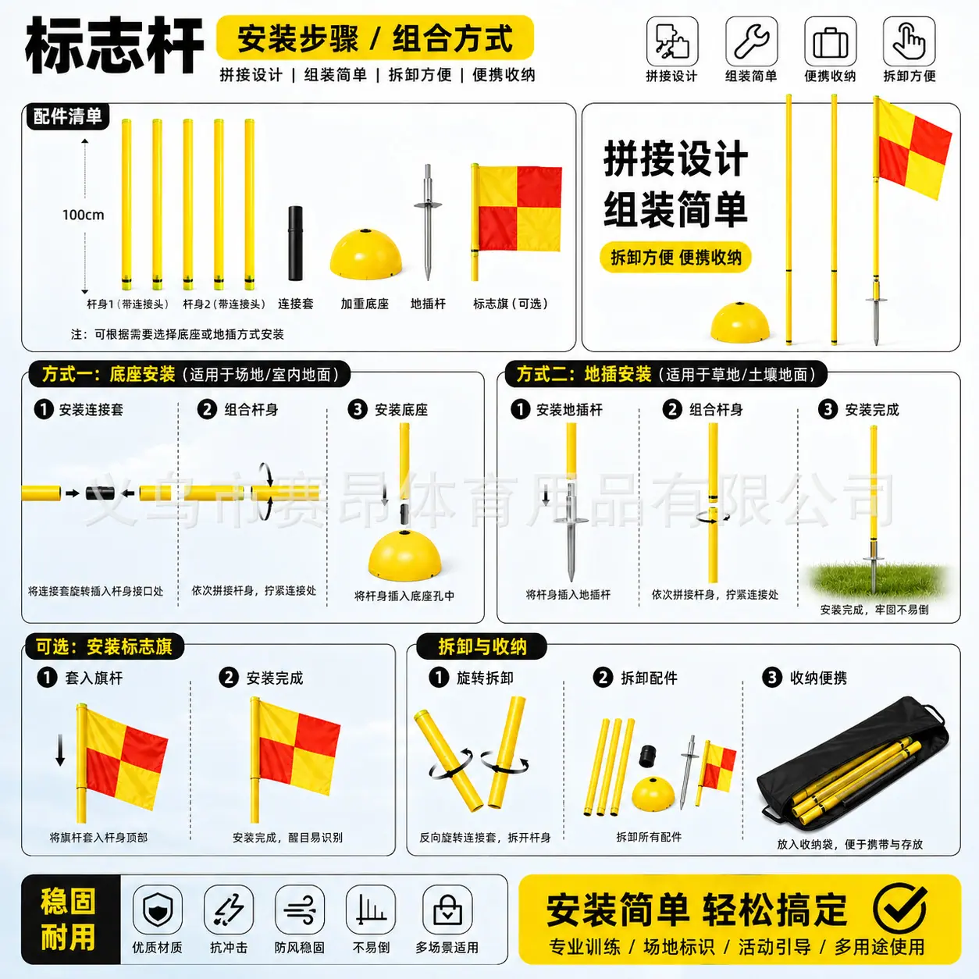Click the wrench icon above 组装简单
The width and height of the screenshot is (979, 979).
tap(751, 41)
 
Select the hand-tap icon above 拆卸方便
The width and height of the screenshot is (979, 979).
tap(910, 41)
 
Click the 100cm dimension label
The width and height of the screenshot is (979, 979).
tap(84, 215)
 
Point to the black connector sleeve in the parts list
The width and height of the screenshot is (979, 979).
tap(296, 243)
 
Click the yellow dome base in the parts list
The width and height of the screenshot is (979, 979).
tap(366, 254)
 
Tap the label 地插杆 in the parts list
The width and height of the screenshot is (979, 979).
tap(428, 304)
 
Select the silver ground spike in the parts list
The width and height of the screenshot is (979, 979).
tap(428, 222)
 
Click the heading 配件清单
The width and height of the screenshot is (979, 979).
tap(68, 116)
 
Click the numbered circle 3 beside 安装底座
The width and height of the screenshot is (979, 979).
tap(358, 409)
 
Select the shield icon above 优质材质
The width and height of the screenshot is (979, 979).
tap(158, 910)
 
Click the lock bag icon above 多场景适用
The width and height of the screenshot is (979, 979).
tap(447, 910)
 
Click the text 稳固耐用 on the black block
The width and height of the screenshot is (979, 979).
tap(68, 919)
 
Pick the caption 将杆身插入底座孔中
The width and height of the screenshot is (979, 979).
tap(404, 596)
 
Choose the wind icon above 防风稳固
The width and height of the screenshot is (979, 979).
tap(300, 910)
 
